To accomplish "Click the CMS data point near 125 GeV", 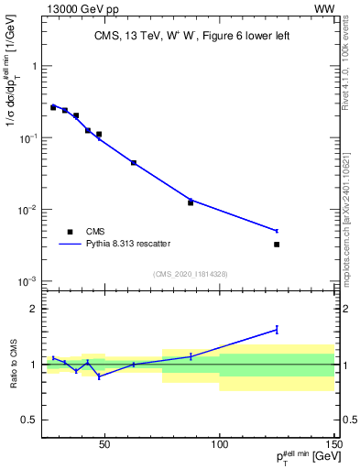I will (x=277, y=245).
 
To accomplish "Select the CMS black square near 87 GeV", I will (x=191, y=202).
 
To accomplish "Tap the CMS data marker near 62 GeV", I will (x=134, y=163).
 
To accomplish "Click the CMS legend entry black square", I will (x=70, y=232).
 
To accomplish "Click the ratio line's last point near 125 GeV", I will (x=277, y=330).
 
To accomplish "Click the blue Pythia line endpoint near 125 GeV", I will (x=277, y=231).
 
